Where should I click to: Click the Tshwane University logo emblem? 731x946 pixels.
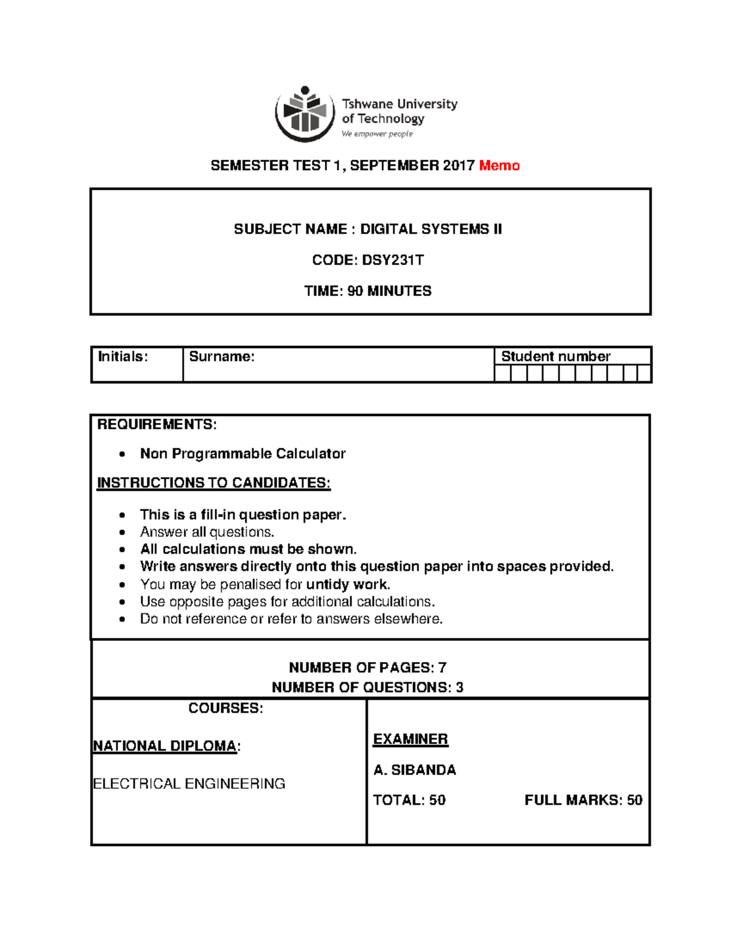(x=305, y=113)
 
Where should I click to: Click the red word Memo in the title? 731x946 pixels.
(x=499, y=166)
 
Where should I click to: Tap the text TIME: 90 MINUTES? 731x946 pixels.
(x=367, y=291)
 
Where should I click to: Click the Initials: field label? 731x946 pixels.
(x=123, y=357)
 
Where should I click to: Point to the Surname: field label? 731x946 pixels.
(x=222, y=357)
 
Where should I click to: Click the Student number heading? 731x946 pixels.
(x=556, y=356)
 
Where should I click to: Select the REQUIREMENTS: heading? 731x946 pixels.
(x=157, y=425)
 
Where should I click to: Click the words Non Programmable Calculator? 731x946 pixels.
(x=242, y=454)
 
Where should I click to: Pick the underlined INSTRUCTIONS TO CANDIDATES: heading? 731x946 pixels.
(x=214, y=483)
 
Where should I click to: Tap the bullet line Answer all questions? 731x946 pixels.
(x=207, y=532)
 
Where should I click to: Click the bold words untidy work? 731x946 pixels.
(x=348, y=585)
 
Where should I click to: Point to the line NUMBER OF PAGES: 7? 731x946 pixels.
(x=367, y=668)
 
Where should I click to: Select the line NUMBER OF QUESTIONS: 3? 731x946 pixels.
(x=367, y=688)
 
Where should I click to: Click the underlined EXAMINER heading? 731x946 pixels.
(x=410, y=740)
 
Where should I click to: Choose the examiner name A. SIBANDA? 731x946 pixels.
(x=414, y=771)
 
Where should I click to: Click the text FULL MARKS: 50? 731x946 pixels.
(x=583, y=800)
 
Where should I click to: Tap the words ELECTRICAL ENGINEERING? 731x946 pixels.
(x=189, y=784)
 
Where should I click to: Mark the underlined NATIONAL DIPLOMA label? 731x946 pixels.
(x=164, y=746)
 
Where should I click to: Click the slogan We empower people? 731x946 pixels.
(x=377, y=134)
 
